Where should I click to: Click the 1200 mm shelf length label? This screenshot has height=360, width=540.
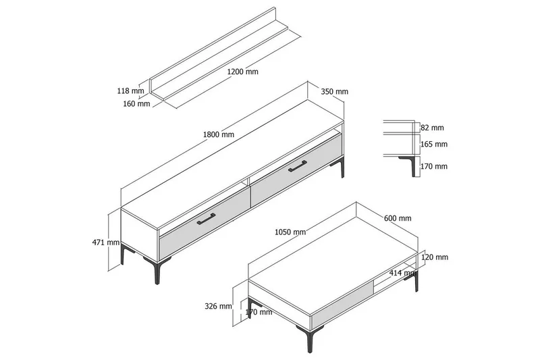(x=242, y=72)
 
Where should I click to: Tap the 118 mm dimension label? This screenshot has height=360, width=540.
(x=130, y=91)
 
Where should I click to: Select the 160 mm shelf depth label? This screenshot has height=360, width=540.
(x=137, y=103)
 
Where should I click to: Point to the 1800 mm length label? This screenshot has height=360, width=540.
(x=218, y=134)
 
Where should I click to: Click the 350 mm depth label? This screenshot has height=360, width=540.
(x=334, y=92)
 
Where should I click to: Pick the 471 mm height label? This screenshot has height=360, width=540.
(x=106, y=242)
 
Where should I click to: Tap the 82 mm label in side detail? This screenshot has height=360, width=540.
(x=432, y=128)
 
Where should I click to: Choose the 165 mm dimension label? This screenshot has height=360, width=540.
(x=434, y=145)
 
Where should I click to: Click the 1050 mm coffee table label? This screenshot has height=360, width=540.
(x=290, y=232)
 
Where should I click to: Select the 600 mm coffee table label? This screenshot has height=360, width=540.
(x=398, y=218)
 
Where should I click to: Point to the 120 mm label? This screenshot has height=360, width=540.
(x=435, y=257)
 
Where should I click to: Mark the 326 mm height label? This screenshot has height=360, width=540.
(x=218, y=306)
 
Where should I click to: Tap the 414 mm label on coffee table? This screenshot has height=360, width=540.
(x=403, y=273)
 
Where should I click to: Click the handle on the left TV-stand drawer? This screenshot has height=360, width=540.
(x=206, y=219)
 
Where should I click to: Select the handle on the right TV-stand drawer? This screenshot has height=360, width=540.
(x=298, y=165)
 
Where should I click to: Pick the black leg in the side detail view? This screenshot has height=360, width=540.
(x=411, y=166)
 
